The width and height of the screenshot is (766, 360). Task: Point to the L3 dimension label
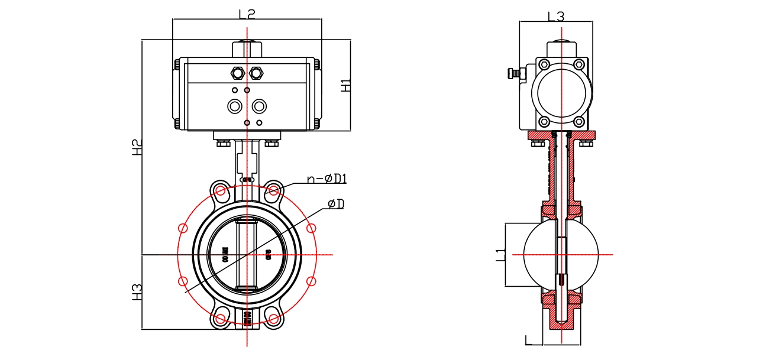pos(556,17)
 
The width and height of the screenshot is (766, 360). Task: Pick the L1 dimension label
pos(500,255)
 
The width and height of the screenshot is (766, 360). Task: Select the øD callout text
pos(336,204)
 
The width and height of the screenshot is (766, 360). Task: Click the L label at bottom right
pos(529,339)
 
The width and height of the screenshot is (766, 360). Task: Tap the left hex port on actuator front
pos(237,73)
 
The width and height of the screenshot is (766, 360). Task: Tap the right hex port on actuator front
pos(256,73)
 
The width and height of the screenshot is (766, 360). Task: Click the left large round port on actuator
pos(235,106)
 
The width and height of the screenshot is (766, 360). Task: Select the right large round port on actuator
pos(258,106)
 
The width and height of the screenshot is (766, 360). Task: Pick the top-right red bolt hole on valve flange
pos(273,190)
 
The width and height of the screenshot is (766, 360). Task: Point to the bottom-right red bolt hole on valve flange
pos(273,319)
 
